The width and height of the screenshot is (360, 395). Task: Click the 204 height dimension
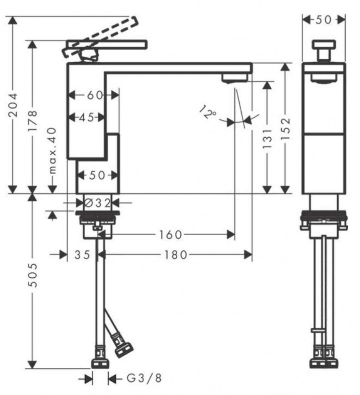pos(13,105)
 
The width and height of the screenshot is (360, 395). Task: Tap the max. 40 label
pos(52,150)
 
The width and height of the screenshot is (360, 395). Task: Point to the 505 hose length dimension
pos(33,275)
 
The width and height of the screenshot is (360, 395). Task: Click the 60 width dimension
pos(95,95)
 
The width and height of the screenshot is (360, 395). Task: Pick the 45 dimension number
pos(86,117)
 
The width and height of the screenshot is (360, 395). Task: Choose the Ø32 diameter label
pos(97,203)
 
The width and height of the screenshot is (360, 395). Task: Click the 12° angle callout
pos(207,112)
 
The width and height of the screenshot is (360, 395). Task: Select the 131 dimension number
pos(267,138)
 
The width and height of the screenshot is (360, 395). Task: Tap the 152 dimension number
pos(285,129)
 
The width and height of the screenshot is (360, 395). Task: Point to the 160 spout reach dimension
pos(170,235)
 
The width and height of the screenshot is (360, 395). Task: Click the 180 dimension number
pos(176,255)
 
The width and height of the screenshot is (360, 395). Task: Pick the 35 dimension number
pos(82,255)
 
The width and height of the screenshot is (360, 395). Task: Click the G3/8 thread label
pos(144,378)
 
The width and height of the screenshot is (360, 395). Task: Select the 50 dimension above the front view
pos(324,20)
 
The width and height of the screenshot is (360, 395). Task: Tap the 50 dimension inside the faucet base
pos(97,176)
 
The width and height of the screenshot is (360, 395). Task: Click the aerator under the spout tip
pos(234,78)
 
